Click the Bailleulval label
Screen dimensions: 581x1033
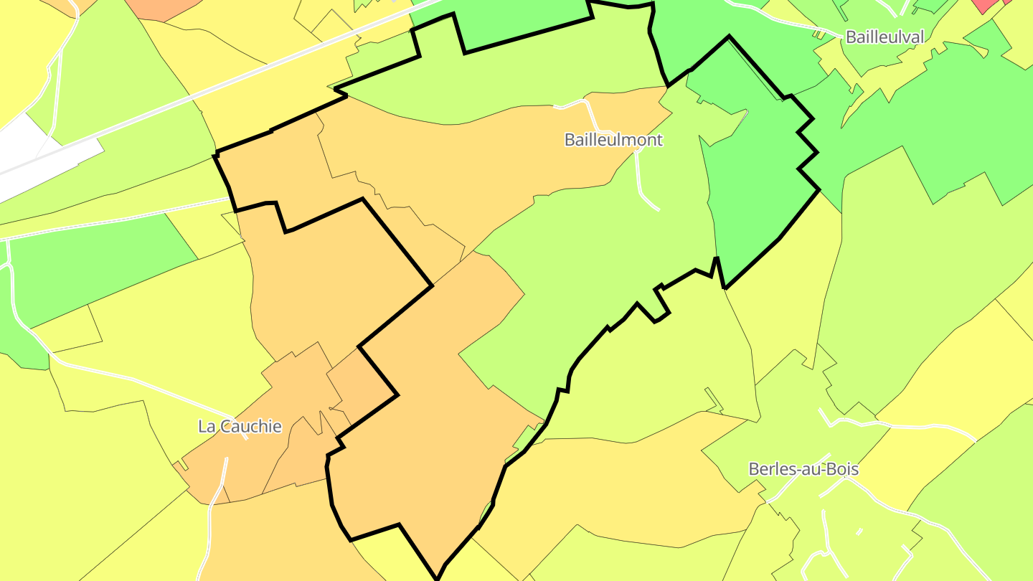(x=884, y=37)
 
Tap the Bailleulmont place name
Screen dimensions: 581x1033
(x=613, y=140)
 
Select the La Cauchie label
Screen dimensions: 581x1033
(x=240, y=426)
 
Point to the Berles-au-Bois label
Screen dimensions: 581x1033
(x=803, y=469)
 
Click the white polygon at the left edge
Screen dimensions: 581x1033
(x=29, y=154)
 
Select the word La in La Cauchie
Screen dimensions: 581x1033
(x=207, y=426)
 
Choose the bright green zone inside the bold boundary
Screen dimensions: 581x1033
(x=753, y=179)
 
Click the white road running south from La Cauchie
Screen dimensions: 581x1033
(x=215, y=502)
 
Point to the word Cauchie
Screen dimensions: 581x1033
(x=251, y=426)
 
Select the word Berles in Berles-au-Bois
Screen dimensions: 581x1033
(x=769, y=469)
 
